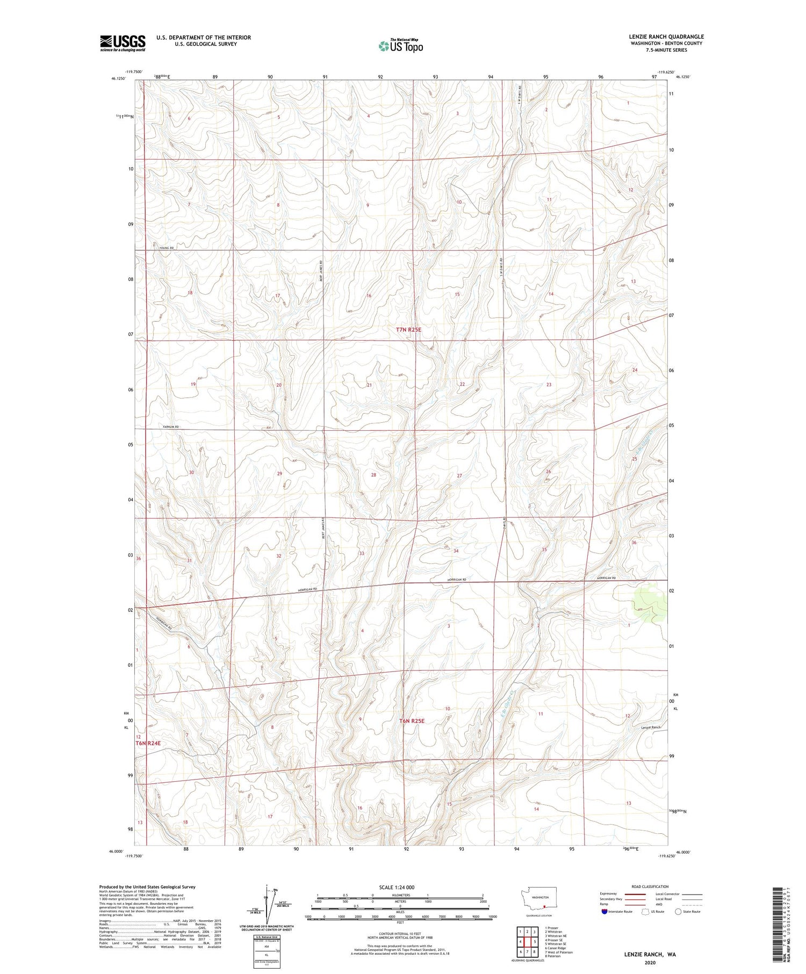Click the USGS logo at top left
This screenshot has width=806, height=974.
coord(123,43)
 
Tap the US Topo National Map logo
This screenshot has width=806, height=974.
coord(400,46)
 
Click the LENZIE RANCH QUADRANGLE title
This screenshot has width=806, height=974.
coord(666,37)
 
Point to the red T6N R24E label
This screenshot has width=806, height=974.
coord(148,743)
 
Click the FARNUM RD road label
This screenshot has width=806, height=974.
coord(170,427)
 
